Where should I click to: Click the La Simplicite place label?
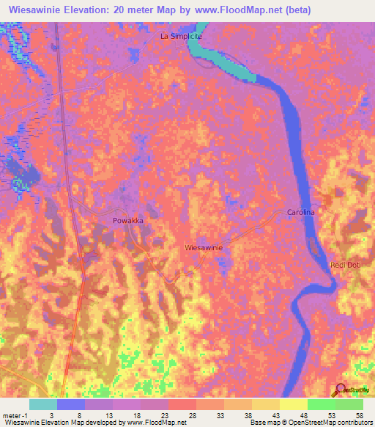(x=181, y=35)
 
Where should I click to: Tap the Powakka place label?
(x=128, y=220)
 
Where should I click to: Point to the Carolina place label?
(x=300, y=212)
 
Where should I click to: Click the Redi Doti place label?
(x=345, y=264)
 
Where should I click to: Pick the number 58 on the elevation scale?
(x=359, y=415)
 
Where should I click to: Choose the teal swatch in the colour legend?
(x=42, y=404)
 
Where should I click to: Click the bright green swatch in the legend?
(x=322, y=404)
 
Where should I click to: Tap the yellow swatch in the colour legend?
(x=294, y=404)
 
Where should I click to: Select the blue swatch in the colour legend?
(x=70, y=404)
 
